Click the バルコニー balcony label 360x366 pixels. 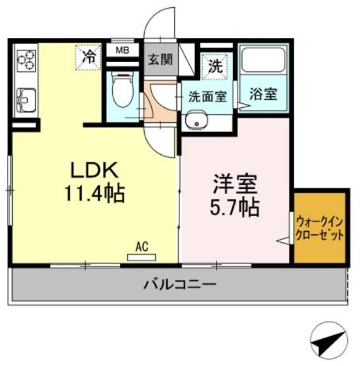click(x=180, y=283)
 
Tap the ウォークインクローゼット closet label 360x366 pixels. click(x=320, y=227)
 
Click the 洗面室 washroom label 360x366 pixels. click(x=207, y=98)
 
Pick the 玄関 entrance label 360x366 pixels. click(x=161, y=60)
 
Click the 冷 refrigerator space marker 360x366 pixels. click(x=90, y=56)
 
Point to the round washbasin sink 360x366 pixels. click(x=195, y=121)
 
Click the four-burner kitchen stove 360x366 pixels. click(x=26, y=60)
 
